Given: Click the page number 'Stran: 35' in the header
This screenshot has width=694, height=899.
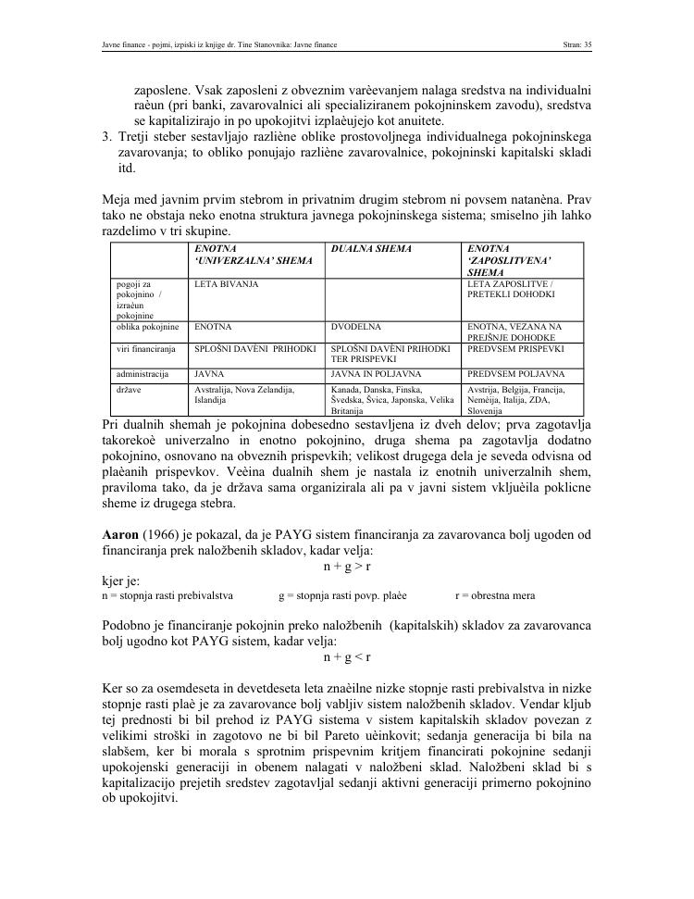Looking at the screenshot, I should tap(576, 44).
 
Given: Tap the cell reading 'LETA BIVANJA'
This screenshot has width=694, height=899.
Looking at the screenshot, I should tap(226, 283).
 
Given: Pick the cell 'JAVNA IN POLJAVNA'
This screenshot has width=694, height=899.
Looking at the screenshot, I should tap(368, 374).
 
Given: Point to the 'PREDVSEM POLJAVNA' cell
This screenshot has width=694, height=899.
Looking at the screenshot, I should tap(515, 374).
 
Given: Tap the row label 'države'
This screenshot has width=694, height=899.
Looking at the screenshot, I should tap(130, 390).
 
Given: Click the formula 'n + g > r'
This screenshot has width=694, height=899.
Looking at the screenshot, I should tap(347, 565).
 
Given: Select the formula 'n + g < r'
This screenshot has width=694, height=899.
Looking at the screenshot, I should tap(347, 656).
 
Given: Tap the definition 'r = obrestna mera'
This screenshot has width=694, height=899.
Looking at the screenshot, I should tap(495, 596).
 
